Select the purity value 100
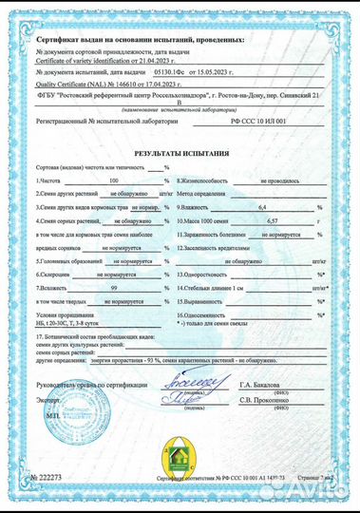coord(114,180)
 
